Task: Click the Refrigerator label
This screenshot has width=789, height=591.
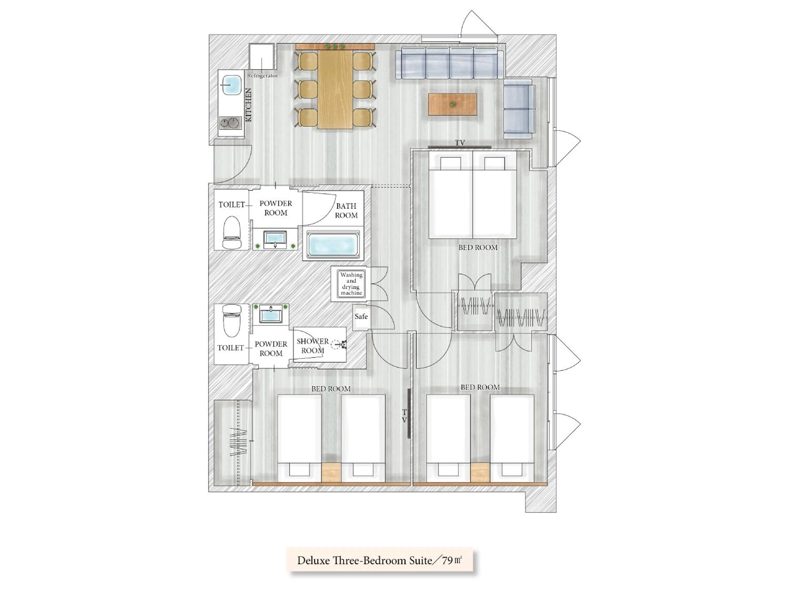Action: pos(262,76)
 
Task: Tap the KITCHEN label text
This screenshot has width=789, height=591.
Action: pos(249,105)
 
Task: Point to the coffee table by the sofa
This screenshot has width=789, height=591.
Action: pos(452,104)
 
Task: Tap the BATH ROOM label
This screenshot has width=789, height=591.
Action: pos(346,211)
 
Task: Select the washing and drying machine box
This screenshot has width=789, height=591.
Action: pos(351,284)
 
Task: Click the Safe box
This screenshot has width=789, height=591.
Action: pos(361,316)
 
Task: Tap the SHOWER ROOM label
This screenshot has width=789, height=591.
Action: pos(312,346)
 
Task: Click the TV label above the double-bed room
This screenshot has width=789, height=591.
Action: pos(460,142)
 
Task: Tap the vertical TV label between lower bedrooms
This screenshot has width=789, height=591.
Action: pos(404,416)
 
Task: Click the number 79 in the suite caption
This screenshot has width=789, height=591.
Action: pos(447,560)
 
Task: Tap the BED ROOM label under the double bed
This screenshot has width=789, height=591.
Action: pos(478,247)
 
